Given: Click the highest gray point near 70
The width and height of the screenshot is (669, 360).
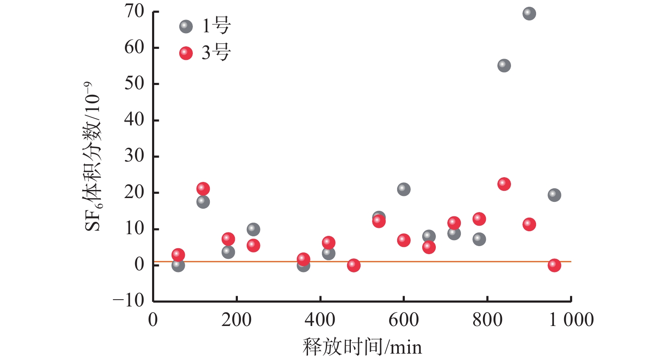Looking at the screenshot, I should pyautogui.click(x=529, y=14).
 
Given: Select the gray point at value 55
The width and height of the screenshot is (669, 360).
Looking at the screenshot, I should pyautogui.click(x=504, y=66).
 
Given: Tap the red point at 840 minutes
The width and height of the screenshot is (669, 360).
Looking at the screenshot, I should pyautogui.click(x=504, y=184).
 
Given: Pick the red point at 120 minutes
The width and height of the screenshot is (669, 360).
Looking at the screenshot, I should pyautogui.click(x=203, y=188).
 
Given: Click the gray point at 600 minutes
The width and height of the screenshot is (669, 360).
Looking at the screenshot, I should pyautogui.click(x=404, y=189).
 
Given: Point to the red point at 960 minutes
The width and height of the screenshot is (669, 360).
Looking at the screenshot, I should pyautogui.click(x=554, y=265).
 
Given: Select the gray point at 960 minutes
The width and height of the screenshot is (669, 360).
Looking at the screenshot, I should pyautogui.click(x=554, y=195).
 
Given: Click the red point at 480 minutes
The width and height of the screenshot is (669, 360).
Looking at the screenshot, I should pyautogui.click(x=353, y=265).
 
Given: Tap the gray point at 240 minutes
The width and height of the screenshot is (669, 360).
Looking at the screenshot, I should pyautogui.click(x=253, y=230).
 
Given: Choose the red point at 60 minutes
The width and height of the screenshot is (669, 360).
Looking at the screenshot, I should pyautogui.click(x=178, y=255).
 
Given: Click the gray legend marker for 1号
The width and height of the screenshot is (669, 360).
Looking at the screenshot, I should pyautogui.click(x=186, y=27).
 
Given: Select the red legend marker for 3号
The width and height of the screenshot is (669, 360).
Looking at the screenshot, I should pyautogui.click(x=186, y=53).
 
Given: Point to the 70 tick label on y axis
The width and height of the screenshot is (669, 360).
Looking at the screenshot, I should pyautogui.click(x=134, y=12).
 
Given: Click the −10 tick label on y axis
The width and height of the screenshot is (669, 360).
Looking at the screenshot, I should pyautogui.click(x=129, y=300).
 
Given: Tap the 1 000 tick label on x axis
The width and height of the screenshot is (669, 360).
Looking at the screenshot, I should pyautogui.click(x=571, y=320).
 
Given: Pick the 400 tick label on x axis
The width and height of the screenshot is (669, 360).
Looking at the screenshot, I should pyautogui.click(x=320, y=320).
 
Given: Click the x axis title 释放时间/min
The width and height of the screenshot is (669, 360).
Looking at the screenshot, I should pyautogui.click(x=362, y=347).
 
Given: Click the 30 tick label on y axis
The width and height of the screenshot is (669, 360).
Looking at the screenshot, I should pyautogui.click(x=134, y=156).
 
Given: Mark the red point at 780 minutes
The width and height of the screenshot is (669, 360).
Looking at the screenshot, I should pyautogui.click(x=479, y=219).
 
